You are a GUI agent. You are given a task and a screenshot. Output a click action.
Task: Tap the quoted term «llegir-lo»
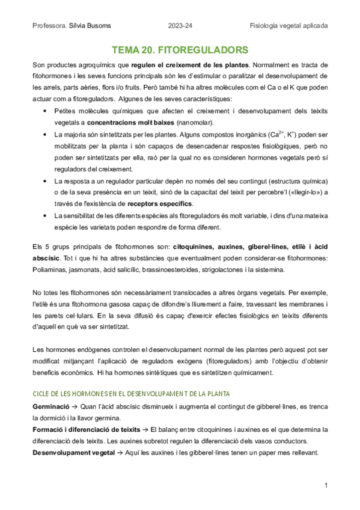pyautogui.click(x=302, y=193)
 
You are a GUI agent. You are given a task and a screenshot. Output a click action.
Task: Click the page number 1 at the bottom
pyautogui.click(x=325, y=485)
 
